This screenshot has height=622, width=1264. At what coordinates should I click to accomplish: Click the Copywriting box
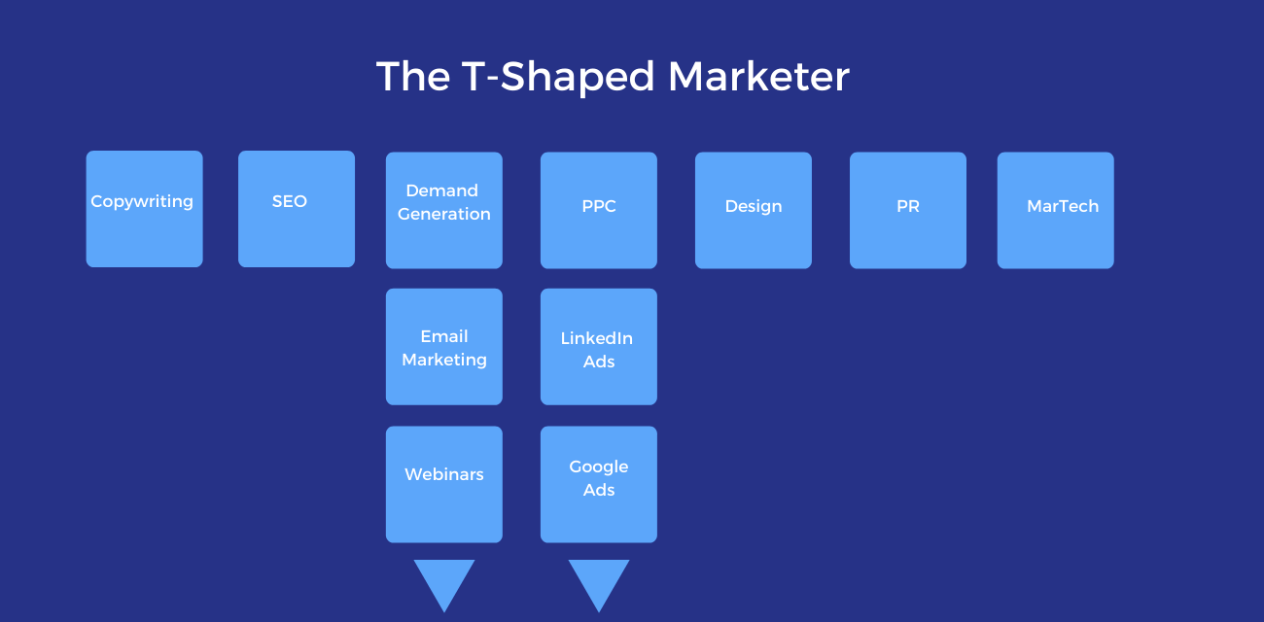(144, 209)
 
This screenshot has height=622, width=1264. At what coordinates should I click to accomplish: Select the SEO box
(297, 209)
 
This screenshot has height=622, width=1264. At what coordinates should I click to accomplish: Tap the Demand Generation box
(444, 210)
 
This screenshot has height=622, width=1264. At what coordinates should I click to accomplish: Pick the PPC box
(599, 210)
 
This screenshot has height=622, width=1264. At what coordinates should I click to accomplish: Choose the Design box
(754, 210)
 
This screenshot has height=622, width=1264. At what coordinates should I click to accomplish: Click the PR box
(908, 210)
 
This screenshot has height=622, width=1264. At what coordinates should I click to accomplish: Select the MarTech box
(1056, 210)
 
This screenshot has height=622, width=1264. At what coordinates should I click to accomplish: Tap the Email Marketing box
(444, 347)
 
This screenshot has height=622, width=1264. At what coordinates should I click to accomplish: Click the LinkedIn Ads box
(599, 347)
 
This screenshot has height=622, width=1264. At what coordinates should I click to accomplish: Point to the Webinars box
(444, 484)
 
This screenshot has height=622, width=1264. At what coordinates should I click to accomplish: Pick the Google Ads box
(599, 484)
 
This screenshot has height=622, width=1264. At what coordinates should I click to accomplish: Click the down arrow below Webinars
(444, 581)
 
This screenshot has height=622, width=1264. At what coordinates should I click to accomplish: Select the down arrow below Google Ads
(599, 581)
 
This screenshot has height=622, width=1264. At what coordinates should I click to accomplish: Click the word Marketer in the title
(759, 77)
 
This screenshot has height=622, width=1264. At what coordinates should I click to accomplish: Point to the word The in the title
(412, 77)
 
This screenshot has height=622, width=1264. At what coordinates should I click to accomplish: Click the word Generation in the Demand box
(444, 215)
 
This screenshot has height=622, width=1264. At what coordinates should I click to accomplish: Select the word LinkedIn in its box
(597, 338)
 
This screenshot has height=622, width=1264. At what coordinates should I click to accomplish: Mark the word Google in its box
(599, 467)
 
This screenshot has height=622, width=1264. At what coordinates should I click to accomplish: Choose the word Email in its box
(444, 336)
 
